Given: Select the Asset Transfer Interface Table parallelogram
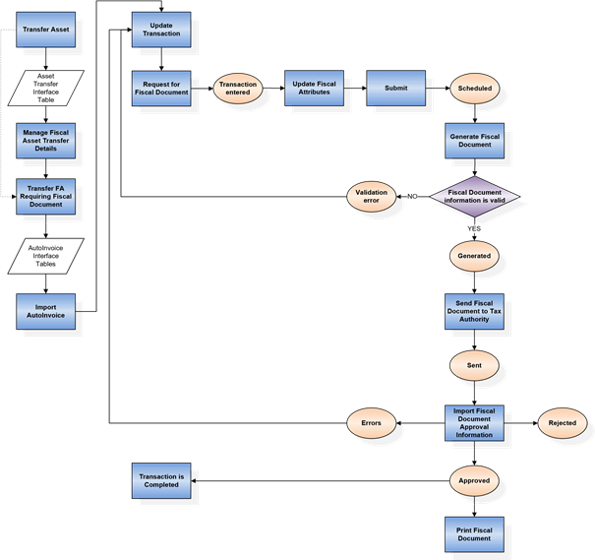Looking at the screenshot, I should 46,88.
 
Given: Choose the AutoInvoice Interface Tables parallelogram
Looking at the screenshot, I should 46,256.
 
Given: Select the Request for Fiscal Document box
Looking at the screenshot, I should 160,88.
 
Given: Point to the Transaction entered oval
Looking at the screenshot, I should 238,89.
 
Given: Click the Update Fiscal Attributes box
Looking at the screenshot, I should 313,88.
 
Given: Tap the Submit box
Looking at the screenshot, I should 395,88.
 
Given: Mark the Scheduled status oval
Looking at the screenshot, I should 475,89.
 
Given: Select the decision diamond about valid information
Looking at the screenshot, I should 475,197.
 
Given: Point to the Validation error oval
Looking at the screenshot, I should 372,196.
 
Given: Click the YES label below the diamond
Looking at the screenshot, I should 475,229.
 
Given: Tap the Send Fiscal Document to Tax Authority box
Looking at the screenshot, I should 475,311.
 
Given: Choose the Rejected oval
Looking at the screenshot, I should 562,423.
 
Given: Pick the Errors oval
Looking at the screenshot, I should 372,423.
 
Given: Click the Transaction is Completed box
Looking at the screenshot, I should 160,480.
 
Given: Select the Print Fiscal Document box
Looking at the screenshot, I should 475,532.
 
